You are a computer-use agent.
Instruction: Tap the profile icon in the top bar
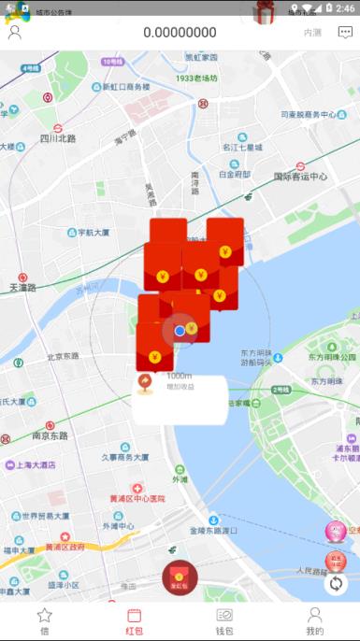[x=15, y=33]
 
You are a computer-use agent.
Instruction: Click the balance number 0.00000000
[x=180, y=33]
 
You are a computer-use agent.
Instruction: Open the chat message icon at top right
[x=345, y=33]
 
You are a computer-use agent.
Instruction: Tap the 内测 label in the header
[x=312, y=33]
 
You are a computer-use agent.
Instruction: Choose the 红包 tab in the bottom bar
[x=134, y=620]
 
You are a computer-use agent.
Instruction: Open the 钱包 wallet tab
[x=224, y=620]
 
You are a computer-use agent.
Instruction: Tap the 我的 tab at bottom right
[x=315, y=620]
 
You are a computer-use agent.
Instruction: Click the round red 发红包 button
[x=180, y=578]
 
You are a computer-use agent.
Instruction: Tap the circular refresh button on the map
[x=336, y=584]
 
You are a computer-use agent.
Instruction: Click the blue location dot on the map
[x=180, y=330]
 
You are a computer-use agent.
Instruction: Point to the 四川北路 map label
[x=57, y=139]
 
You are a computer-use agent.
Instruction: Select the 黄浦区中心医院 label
[x=137, y=498]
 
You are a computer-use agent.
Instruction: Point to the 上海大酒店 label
[x=36, y=464]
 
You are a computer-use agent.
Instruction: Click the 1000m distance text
[x=179, y=376]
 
